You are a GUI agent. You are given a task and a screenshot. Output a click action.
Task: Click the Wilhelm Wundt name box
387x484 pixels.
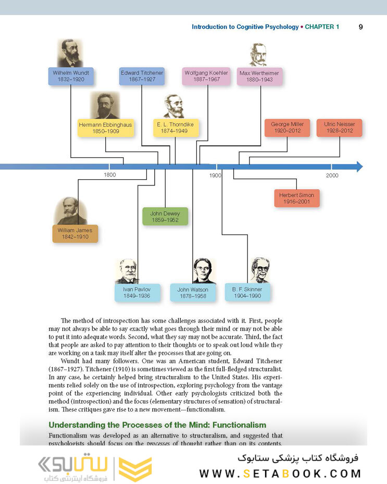pyautogui.click(x=71, y=76)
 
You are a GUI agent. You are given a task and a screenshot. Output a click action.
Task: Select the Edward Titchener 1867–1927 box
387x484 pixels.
pyautogui.click(x=142, y=76)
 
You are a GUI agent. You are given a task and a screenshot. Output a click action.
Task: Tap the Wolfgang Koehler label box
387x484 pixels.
pyautogui.click(x=206, y=76)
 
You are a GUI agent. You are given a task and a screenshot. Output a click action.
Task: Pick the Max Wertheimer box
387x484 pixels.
pyautogui.click(x=259, y=77)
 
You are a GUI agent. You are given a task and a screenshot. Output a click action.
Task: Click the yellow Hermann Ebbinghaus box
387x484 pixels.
pyautogui.click(x=106, y=128)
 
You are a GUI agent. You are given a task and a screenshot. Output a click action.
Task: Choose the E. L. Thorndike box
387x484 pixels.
pyautogui.click(x=176, y=128)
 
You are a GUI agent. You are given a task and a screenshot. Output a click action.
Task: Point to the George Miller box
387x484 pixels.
pyautogui.click(x=288, y=128)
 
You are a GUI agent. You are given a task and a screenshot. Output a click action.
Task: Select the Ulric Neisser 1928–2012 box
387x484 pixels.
pyautogui.click(x=340, y=128)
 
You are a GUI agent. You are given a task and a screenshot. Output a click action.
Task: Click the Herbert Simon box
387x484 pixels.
pyautogui.click(x=296, y=198)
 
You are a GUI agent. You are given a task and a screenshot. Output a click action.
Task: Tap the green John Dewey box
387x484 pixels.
pyautogui.click(x=165, y=216)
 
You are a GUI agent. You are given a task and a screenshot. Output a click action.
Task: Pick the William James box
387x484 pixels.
pyautogui.click(x=75, y=234)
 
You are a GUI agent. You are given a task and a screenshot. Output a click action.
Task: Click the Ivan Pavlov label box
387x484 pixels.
pyautogui.click(x=137, y=293)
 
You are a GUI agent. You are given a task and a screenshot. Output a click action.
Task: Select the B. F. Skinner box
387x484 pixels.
pyautogui.click(x=247, y=292)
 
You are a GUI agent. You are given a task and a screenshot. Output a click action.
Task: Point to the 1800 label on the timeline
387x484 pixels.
pyautogui.click(x=110, y=175)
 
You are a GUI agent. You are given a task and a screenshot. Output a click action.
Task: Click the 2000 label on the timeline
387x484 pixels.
pyautogui.click(x=332, y=176)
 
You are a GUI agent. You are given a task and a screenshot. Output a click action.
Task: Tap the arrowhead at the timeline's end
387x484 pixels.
pyautogui.click(x=359, y=167)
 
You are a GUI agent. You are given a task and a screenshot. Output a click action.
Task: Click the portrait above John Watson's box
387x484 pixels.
pyautogui.click(x=203, y=271)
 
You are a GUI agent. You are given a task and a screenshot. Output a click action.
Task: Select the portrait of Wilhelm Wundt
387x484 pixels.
pyautogui.click(x=70, y=53)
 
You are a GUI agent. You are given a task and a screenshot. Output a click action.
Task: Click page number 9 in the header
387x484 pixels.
pyautogui.click(x=361, y=27)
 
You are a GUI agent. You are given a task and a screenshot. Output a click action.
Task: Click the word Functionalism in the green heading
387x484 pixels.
pyautogui.click(x=239, y=425)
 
